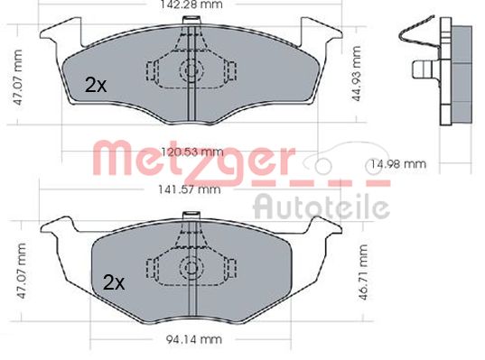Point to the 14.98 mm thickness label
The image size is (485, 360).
tap(397, 164)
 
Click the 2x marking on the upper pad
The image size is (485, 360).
tap(95, 85)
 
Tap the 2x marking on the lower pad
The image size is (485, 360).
tap(113, 282)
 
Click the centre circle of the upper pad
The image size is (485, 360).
tap(191, 71)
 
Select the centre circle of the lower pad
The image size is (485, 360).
tap(191, 267)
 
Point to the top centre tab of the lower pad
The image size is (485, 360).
tap(191, 216)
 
